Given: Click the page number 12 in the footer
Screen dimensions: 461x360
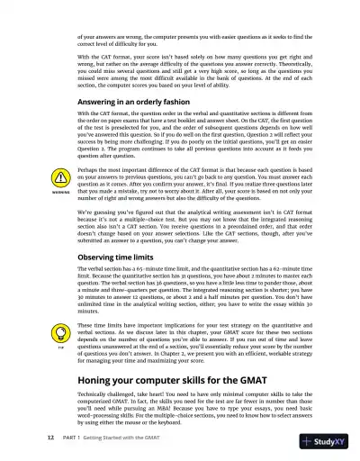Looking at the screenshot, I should [25, 438].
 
